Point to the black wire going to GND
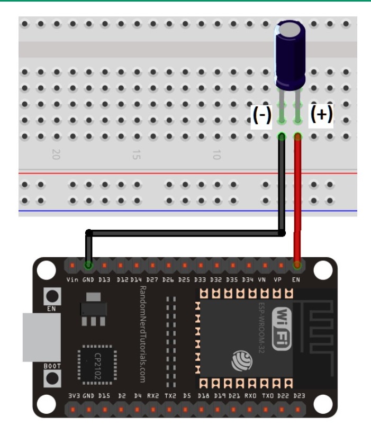[185, 233]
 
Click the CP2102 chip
[94, 360]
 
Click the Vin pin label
[73, 280]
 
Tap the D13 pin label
[104, 280]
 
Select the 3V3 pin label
[74, 396]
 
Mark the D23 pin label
[299, 396]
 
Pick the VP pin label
[277, 280]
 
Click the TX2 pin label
[169, 396]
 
